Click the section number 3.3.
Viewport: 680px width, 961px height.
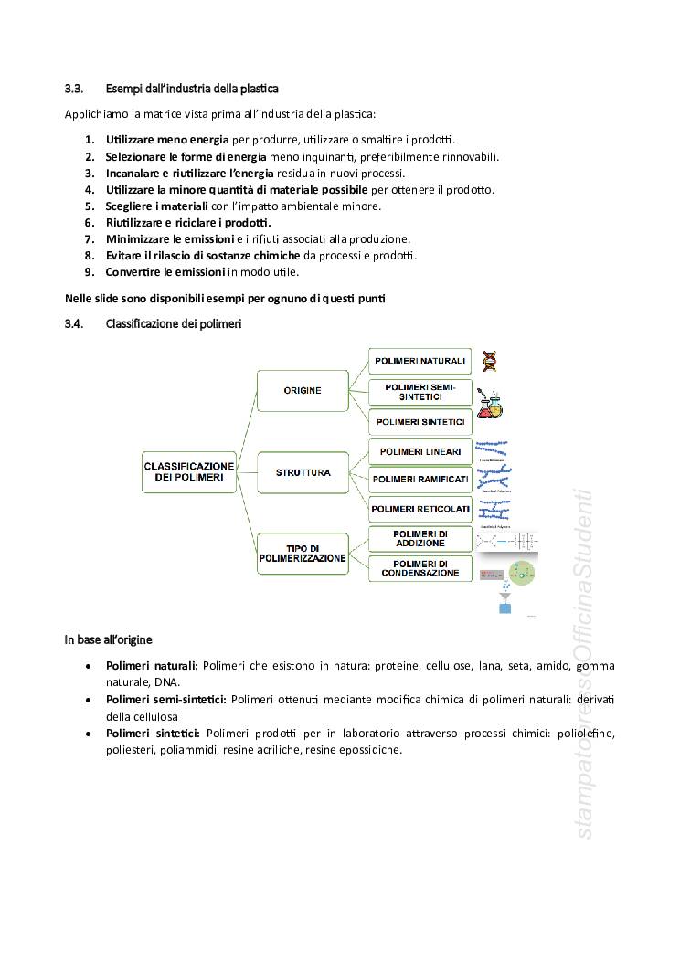(74, 89)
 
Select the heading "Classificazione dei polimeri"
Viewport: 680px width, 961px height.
(174, 323)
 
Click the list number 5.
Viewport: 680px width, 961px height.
(90, 206)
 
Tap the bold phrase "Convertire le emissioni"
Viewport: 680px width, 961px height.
(165, 271)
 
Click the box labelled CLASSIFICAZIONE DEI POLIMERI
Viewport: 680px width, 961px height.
(189, 471)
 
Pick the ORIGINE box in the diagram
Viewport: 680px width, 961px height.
(302, 390)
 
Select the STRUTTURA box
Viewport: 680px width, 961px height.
(303, 473)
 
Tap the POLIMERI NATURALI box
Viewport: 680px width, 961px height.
(420, 361)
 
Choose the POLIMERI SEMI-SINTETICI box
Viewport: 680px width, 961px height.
(420, 393)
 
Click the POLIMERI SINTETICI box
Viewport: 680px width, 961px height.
(420, 422)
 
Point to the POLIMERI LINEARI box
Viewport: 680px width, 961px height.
(420, 451)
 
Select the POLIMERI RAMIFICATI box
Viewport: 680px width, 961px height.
(420, 480)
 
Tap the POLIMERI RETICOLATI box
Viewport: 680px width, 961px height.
(420, 509)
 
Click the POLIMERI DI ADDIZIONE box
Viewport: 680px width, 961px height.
(420, 538)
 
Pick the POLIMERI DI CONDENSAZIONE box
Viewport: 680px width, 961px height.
(420, 567)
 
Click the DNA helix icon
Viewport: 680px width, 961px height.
(491, 361)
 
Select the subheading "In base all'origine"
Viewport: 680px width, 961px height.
(108, 639)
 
